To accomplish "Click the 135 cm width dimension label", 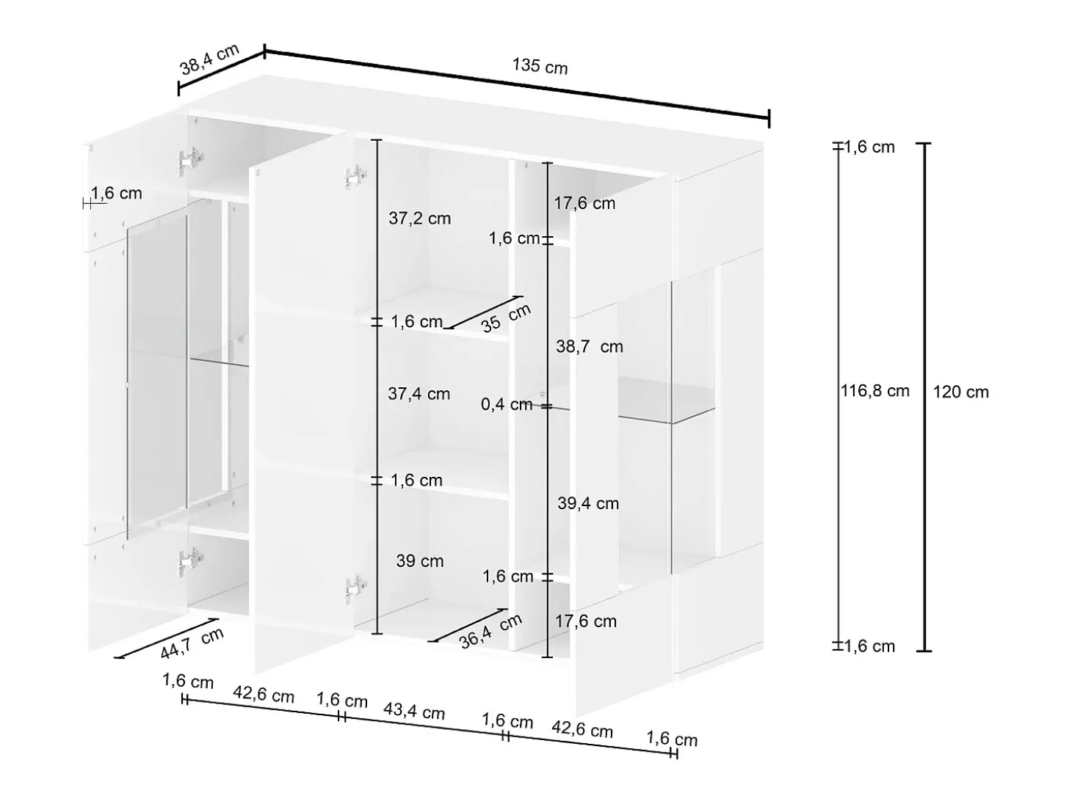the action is click(540, 66).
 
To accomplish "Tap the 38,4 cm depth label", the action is click(209, 59).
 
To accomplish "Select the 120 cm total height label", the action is click(960, 392).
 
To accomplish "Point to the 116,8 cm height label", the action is click(874, 391).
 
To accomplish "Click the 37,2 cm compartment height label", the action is click(419, 219).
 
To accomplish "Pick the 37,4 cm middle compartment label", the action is click(419, 394).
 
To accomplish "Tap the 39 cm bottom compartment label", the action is click(419, 561).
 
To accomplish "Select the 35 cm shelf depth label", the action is click(506, 318).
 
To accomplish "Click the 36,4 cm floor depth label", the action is click(490, 632).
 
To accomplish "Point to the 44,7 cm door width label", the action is click(192, 643).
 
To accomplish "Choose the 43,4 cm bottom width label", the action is click(414, 711).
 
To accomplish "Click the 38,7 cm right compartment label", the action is click(590, 347).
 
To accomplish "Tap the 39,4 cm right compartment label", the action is click(588, 503).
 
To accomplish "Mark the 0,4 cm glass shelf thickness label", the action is click(507, 404).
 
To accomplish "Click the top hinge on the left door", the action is click(190, 161).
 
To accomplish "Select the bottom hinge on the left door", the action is click(190, 562).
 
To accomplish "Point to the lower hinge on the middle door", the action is click(355, 588).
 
